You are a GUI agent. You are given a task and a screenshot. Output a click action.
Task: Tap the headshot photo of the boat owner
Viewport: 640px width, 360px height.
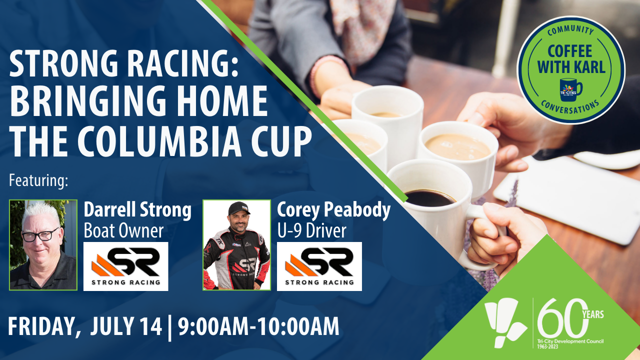tap(43, 245)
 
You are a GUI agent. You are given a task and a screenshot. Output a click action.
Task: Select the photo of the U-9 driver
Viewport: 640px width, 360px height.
tap(236, 245)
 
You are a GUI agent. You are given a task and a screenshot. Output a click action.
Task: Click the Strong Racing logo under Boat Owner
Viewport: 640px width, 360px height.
tap(125, 266)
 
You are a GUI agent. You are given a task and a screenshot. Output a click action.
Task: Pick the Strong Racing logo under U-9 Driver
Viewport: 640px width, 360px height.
tap(319, 266)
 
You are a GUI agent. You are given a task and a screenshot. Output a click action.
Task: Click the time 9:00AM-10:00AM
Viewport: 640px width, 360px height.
tap(258, 326)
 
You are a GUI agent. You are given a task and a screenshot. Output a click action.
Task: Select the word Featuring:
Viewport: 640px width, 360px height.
tap(38, 181)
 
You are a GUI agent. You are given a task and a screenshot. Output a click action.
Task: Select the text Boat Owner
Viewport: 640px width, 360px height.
tap(123, 231)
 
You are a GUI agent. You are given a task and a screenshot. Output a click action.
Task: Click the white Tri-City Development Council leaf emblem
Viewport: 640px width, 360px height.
tap(505, 322)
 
